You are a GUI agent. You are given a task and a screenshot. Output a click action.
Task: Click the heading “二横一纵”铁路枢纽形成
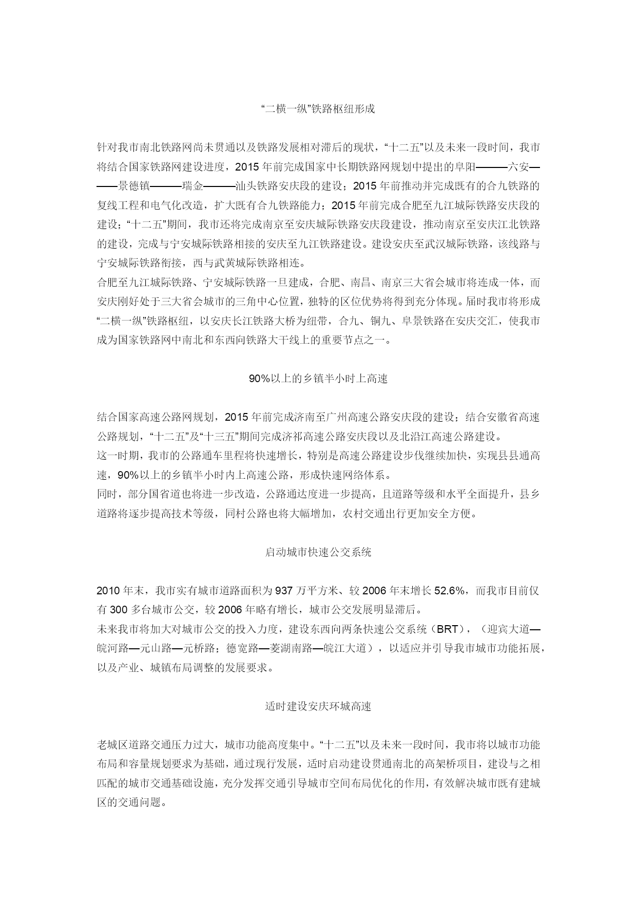tap(318, 109)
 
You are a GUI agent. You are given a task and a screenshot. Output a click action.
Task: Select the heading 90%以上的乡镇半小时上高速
tap(318, 379)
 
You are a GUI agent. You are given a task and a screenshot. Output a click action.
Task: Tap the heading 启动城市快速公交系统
tap(318, 552)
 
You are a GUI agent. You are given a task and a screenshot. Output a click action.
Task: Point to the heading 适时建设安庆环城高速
tap(318, 706)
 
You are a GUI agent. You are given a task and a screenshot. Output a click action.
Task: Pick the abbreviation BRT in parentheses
tap(447, 629)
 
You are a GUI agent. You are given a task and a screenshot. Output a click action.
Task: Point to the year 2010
tap(109, 591)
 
